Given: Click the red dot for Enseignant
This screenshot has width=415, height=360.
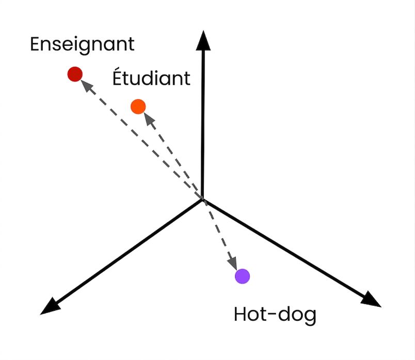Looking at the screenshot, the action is pos(75,74).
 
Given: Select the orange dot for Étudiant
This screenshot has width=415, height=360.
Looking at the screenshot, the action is pos(138,107).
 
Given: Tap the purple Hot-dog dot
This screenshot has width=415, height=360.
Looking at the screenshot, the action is pos(243,276).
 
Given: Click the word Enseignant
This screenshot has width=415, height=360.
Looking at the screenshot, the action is pos(82,44).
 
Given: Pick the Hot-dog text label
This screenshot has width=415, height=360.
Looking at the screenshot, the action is pos(275,315).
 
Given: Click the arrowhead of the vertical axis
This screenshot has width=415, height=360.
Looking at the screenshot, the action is pos(203,40).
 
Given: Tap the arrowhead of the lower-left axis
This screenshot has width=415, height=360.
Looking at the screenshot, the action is pos(50,307).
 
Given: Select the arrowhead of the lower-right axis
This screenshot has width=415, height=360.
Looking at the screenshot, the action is pos(371,300).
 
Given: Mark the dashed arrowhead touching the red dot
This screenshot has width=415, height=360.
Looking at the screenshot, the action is pos(87,86).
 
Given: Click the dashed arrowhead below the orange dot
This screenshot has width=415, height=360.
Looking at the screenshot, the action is pos(150,119).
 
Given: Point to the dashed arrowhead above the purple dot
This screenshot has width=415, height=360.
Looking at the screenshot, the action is pos(233,263).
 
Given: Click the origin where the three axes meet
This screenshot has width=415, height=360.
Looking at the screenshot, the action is pos(203,199).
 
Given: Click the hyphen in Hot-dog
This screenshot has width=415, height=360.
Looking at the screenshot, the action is pos(272,314).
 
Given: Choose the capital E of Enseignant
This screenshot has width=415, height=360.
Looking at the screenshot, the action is pos(35,44).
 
